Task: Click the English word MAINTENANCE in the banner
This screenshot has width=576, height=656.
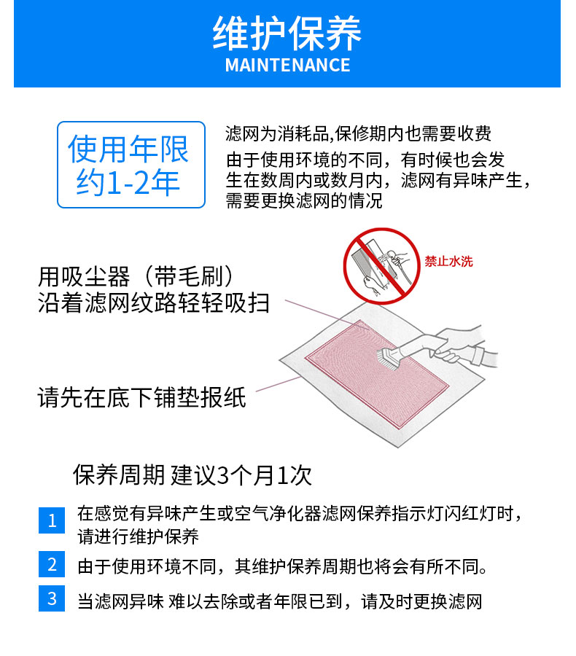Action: tap(287, 66)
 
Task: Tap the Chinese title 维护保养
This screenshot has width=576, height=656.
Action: tap(287, 34)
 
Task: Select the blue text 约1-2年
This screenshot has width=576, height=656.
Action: tap(128, 182)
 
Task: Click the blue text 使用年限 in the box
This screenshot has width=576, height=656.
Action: tap(128, 149)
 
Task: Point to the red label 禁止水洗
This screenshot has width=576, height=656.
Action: tap(448, 262)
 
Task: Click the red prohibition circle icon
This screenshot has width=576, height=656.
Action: tap(381, 265)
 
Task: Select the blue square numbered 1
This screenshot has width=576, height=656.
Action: tap(52, 520)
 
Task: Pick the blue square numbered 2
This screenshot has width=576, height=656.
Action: tap(52, 564)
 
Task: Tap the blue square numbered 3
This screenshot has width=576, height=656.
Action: tap(52, 598)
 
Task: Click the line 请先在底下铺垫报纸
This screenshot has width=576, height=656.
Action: tap(141, 397)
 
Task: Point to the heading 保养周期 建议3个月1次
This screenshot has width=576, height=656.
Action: tap(192, 475)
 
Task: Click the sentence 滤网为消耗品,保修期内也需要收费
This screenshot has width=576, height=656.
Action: tap(358, 134)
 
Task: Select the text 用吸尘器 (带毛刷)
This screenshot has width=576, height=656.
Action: tap(136, 276)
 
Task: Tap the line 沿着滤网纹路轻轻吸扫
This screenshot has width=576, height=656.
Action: tap(153, 302)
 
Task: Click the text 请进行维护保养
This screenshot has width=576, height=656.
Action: tap(138, 536)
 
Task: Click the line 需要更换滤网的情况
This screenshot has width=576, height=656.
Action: tap(304, 201)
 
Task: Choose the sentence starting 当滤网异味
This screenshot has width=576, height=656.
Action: tap(280, 601)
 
